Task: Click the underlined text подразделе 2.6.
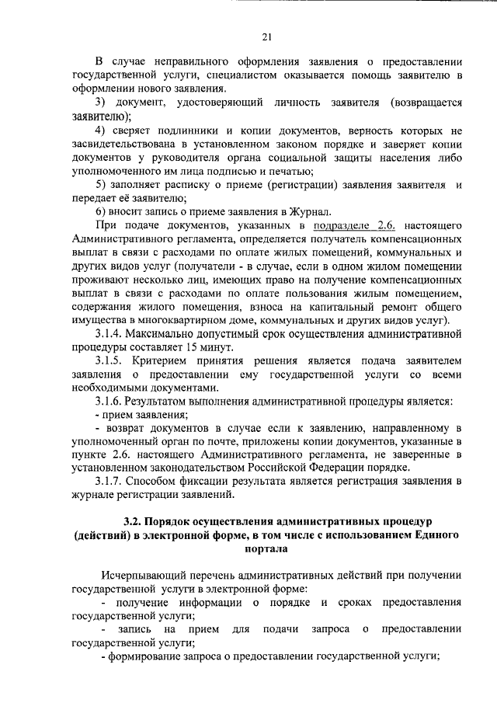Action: tap(344, 224)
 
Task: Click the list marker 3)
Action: tap(101, 103)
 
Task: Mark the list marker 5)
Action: tap(101, 184)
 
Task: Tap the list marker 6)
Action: tap(101, 211)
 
